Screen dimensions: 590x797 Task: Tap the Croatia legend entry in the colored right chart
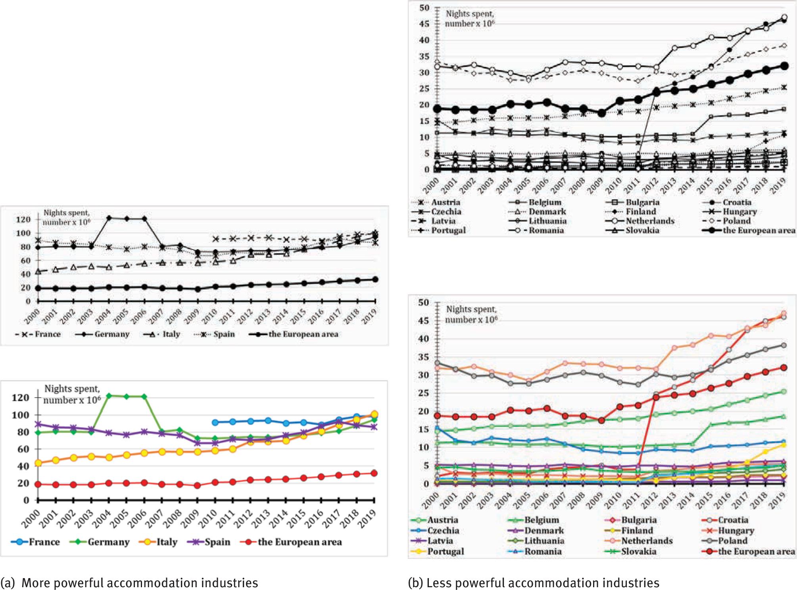pos(732,520)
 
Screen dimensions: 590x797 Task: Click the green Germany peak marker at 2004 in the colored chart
pos(109,396)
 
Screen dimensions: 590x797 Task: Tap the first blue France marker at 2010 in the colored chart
pos(215,423)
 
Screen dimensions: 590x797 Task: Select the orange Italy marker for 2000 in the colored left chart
pos(38,463)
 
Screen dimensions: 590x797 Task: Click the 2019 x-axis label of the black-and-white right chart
pos(779,184)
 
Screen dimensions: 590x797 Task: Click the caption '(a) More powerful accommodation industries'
pos(129,583)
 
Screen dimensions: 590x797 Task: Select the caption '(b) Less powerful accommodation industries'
pos(534,583)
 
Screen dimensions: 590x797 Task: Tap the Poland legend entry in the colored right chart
pos(732,541)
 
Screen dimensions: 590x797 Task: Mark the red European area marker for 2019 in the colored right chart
pos(784,368)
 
